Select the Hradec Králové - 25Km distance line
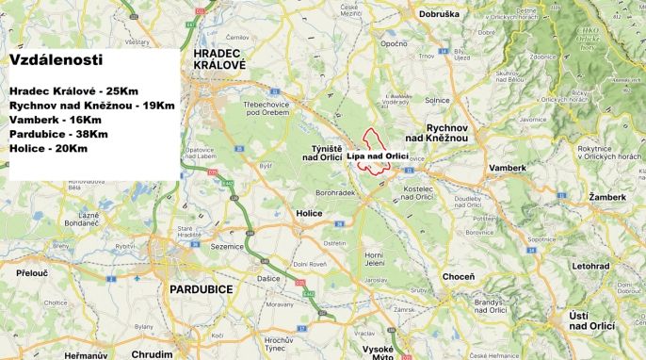(x=74, y=90)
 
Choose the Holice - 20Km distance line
(x=48, y=149)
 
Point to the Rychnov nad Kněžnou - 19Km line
(x=91, y=105)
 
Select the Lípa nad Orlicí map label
(x=377, y=156)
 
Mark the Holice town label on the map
(x=308, y=213)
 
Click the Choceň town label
(x=458, y=279)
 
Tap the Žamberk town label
(x=606, y=197)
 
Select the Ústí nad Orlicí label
(x=591, y=319)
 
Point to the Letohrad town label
(x=590, y=266)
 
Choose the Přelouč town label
(x=32, y=271)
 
